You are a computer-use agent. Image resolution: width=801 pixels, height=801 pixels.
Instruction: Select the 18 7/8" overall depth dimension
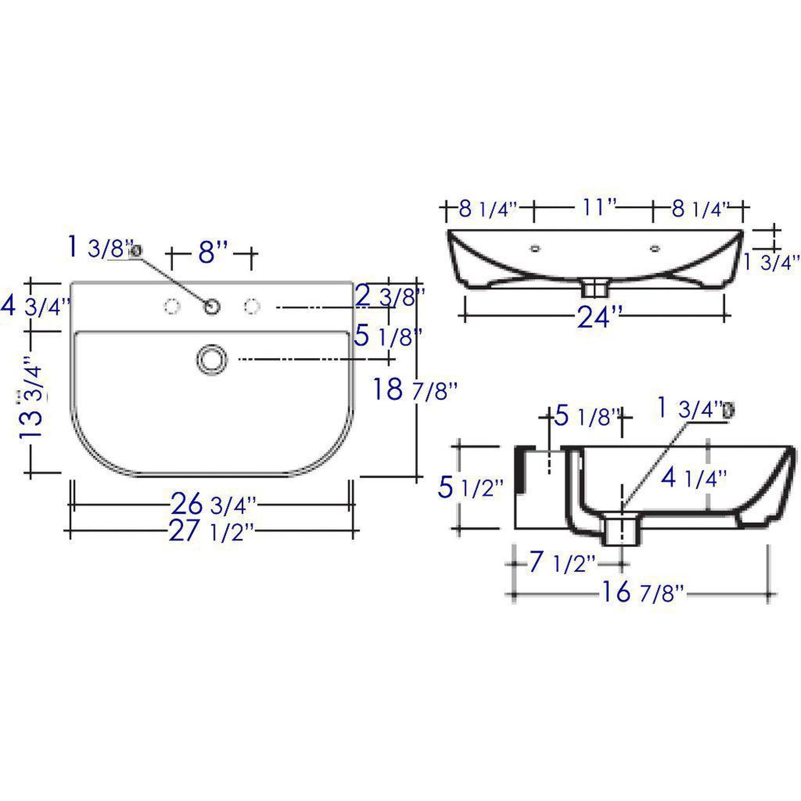(415, 390)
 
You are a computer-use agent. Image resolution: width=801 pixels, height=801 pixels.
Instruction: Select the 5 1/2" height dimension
(471, 487)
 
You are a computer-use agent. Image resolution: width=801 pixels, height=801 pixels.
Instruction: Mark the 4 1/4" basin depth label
(693, 477)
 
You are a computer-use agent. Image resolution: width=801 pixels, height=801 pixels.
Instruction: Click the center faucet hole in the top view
(212, 307)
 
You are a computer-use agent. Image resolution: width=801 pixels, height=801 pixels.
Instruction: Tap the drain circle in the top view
(212, 359)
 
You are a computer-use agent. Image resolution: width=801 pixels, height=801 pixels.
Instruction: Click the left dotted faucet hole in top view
(172, 306)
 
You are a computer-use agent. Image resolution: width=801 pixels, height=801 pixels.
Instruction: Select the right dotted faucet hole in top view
(252, 306)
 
